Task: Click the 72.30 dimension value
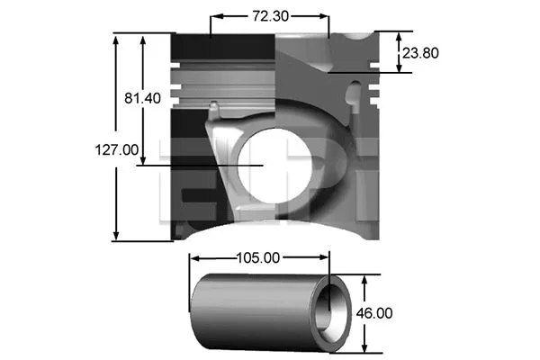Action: coord(270,15)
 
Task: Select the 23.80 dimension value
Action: coord(420,53)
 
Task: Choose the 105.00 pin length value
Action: coord(259,257)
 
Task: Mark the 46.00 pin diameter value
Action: coord(375,313)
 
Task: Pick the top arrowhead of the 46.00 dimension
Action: coord(364,280)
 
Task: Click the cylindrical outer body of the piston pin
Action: coord(252,315)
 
